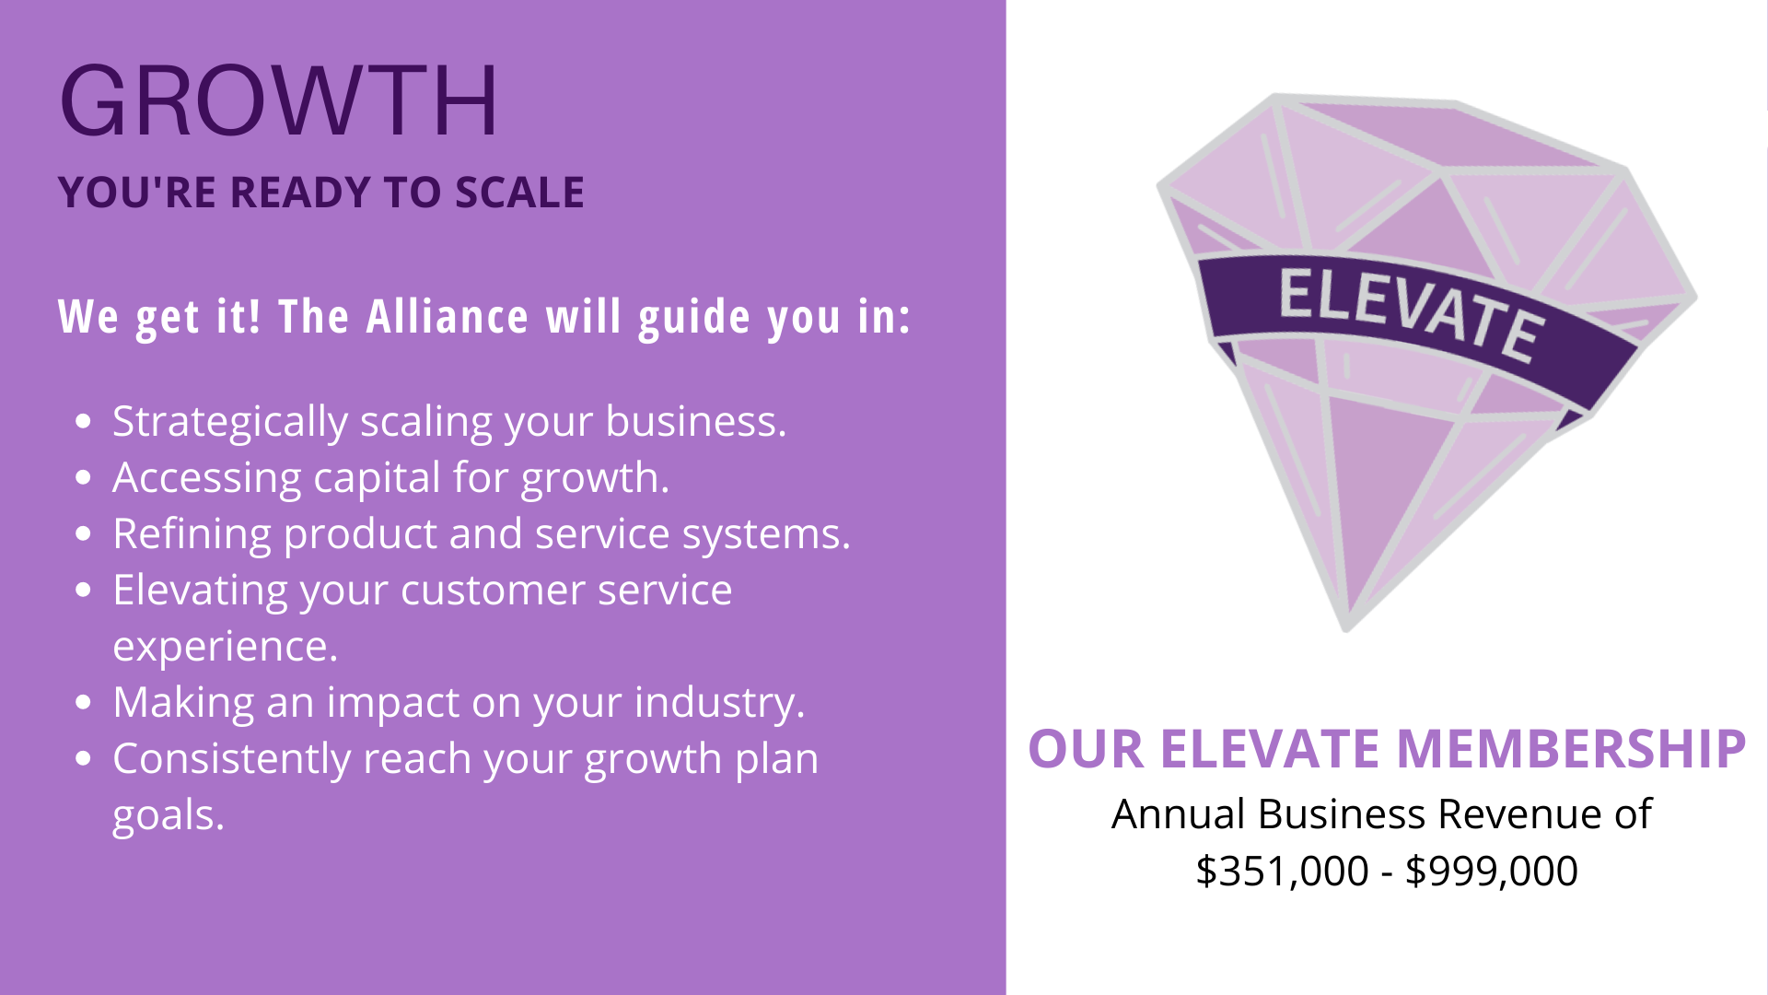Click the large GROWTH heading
pos(278,100)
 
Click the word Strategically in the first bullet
pos(230,422)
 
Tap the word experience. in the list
pos(226,647)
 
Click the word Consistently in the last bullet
pos(231,759)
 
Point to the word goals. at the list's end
pos(169,816)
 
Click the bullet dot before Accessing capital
pos(85,478)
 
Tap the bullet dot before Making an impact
pos(85,703)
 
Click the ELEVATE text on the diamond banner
pos(1411,313)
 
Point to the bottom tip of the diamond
pos(1346,630)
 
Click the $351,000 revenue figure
pos(1282,872)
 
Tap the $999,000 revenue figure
pos(1492,872)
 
